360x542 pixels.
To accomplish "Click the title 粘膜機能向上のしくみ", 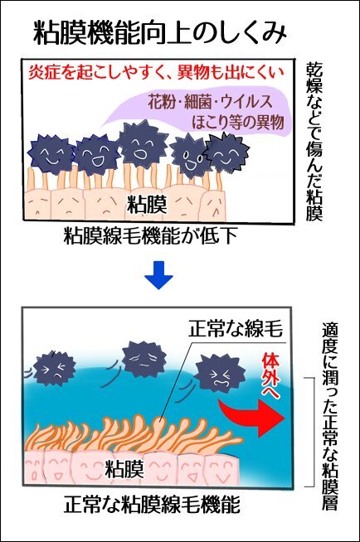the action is click(x=160, y=34).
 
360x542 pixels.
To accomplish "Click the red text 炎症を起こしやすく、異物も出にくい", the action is click(x=156, y=73).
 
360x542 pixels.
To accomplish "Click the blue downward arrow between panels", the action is click(x=158, y=275).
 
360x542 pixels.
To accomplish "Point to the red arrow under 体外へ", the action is click(x=252, y=416).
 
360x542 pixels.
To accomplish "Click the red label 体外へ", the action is click(x=270, y=375).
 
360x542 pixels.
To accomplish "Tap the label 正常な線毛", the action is click(x=236, y=329).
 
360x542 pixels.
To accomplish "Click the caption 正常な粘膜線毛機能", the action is click(x=152, y=505).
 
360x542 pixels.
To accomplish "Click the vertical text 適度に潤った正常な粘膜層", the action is click(x=329, y=416).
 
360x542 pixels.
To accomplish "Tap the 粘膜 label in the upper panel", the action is click(x=147, y=204).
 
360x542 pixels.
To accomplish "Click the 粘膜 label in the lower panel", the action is click(x=124, y=469).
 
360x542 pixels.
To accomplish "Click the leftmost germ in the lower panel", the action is click(x=55, y=368).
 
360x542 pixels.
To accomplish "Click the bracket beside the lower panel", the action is click(x=314, y=432).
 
